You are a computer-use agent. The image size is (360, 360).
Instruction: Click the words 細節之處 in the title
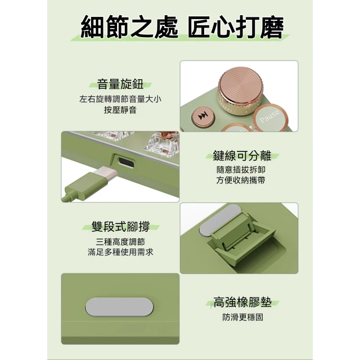129,27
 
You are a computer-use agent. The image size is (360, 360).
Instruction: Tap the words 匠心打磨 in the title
236,27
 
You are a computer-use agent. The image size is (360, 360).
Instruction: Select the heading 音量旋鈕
120,84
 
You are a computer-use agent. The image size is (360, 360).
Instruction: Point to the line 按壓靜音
120,110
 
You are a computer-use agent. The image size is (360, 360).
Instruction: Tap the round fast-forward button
203,116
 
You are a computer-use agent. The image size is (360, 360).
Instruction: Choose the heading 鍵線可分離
242,156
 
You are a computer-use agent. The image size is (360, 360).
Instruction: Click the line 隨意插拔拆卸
241,170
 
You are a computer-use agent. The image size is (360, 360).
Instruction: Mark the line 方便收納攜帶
241,180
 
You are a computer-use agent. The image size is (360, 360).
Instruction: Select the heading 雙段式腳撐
120,227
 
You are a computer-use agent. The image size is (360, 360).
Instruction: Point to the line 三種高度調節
120,242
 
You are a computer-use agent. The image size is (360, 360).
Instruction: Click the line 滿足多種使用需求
120,252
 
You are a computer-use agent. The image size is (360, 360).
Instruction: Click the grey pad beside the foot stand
219,220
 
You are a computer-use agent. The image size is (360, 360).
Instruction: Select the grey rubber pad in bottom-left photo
119,307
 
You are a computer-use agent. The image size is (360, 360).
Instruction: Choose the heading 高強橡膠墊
242,302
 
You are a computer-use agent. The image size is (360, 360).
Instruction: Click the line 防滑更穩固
242,317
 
